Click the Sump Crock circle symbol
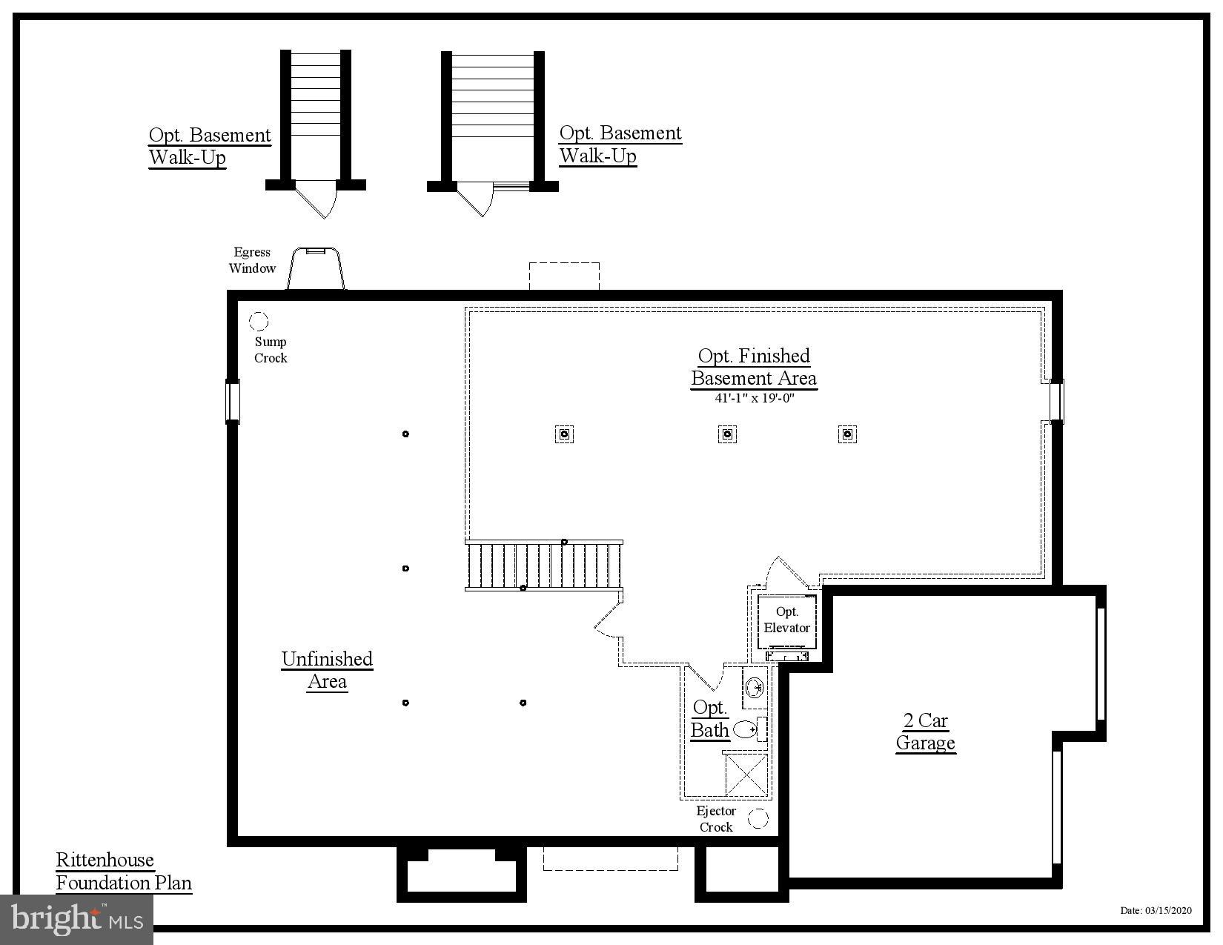[x=259, y=321]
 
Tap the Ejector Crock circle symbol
[x=758, y=819]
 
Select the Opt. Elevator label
[x=787, y=620]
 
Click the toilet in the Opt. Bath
[x=746, y=729]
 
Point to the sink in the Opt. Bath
[x=755, y=688]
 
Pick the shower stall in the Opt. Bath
[x=746, y=775]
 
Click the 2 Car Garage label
[x=925, y=732]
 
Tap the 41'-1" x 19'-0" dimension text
[x=754, y=398]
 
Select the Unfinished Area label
[x=327, y=670]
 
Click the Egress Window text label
[x=252, y=260]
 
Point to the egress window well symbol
[x=316, y=268]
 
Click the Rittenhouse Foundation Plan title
[x=124, y=872]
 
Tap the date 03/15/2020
[x=1156, y=911]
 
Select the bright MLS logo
[x=77, y=920]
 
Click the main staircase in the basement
[x=543, y=566]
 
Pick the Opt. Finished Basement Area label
[x=754, y=367]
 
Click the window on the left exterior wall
[x=233, y=401]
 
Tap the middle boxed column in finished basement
[x=727, y=434]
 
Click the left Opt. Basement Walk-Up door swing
[x=319, y=199]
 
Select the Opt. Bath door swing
[x=706, y=676]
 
